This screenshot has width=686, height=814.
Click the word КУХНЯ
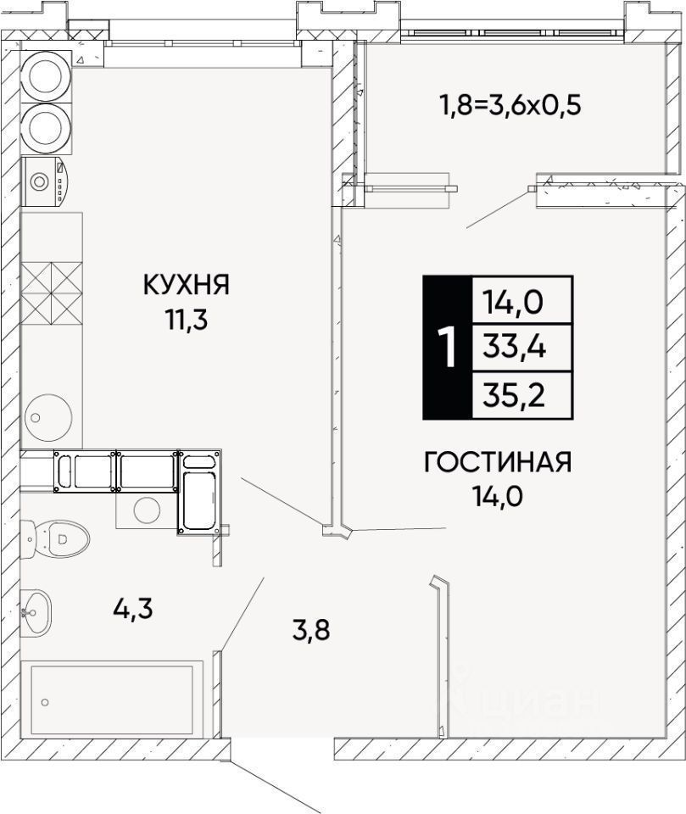coord(186,285)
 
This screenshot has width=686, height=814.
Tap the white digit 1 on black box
coord(447,348)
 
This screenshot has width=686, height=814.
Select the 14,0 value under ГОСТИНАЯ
coord(498,495)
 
